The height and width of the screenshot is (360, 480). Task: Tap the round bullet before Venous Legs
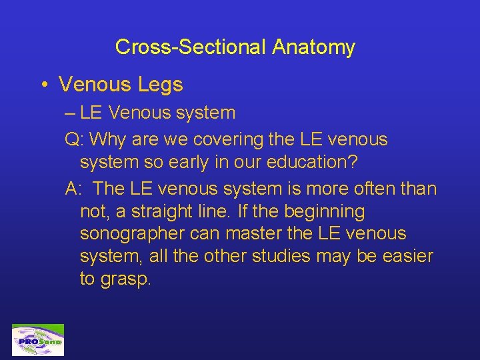[42, 85]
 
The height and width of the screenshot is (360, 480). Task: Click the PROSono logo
[37, 340]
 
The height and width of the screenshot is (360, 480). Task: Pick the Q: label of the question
[74, 139]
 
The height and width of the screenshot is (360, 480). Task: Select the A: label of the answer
[73, 189]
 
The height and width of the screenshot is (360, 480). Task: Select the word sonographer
[131, 234]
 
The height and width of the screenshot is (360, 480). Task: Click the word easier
[405, 256]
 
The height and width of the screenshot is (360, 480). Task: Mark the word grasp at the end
[126, 279]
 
